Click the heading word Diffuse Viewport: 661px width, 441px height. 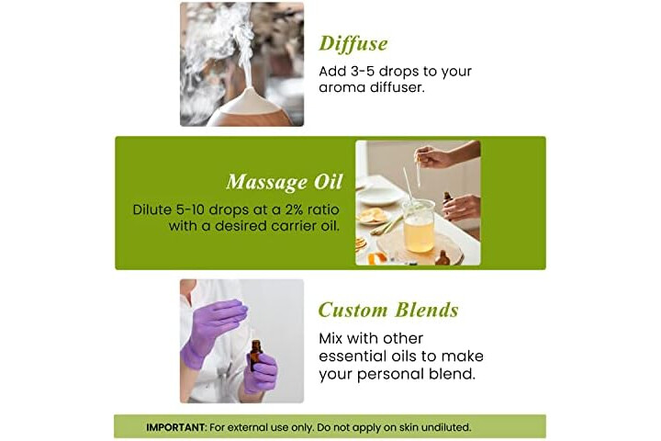tap(353, 43)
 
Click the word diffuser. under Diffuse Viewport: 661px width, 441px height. tap(398, 87)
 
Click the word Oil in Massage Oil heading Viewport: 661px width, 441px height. tap(328, 182)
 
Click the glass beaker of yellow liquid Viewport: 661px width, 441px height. tap(419, 226)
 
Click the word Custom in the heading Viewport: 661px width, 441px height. tap(353, 310)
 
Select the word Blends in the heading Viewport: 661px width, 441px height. tap(426, 310)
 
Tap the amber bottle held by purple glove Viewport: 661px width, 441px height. tap(255, 356)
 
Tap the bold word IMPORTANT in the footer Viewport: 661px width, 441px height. tap(175, 427)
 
